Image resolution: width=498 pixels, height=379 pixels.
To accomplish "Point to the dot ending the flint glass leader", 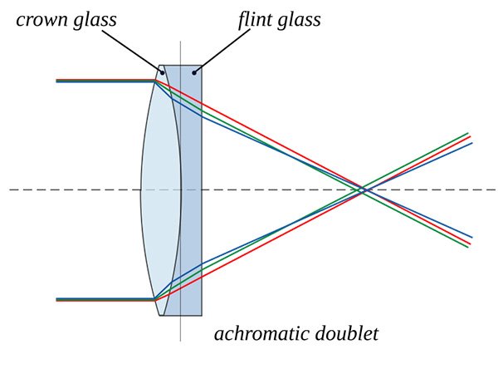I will [x=194, y=72].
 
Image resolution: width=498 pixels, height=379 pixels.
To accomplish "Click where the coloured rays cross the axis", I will [x=364, y=190].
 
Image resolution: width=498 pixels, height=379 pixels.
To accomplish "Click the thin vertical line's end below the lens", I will [x=180, y=340].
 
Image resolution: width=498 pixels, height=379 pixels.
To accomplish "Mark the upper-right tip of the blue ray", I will [x=471, y=143].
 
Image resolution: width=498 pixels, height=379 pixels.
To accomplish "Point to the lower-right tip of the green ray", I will [x=469, y=247].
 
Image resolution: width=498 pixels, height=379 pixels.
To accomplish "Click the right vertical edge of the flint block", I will [x=202, y=190].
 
